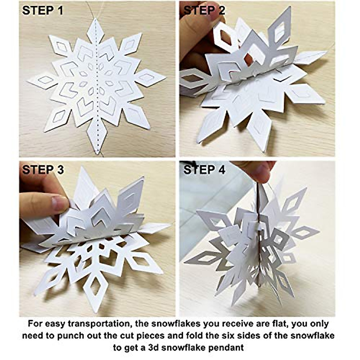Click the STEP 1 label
pyautogui.click(x=43, y=11)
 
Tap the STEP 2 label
pyautogui.click(x=204, y=11)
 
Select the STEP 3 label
pyautogui.click(x=43, y=170)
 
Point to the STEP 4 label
pyautogui.click(x=204, y=170)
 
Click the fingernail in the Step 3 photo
pyautogui.click(x=60, y=203)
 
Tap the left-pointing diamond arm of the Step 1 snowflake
pyautogui.click(x=42, y=81)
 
